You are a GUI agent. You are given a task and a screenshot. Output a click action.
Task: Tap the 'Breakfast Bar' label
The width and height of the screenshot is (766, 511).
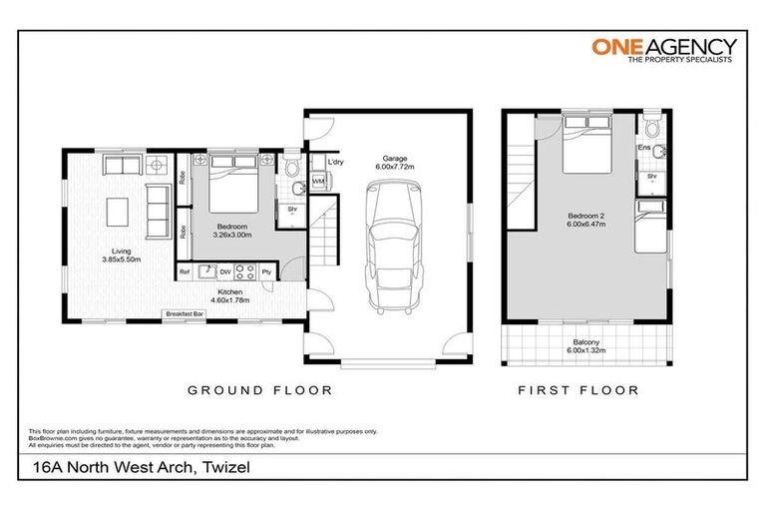[186, 314]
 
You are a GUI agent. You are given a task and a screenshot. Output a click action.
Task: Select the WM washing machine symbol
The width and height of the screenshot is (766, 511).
[319, 182]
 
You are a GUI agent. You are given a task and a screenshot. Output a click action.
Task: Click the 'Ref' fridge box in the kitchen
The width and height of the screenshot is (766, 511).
[185, 270]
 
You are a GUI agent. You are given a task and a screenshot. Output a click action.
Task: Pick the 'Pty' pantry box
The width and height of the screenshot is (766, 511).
[266, 270]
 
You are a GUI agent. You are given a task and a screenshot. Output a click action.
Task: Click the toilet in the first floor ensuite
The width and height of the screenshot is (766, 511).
[651, 127]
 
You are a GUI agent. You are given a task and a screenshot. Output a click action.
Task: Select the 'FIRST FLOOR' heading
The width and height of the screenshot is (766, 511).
[577, 390]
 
